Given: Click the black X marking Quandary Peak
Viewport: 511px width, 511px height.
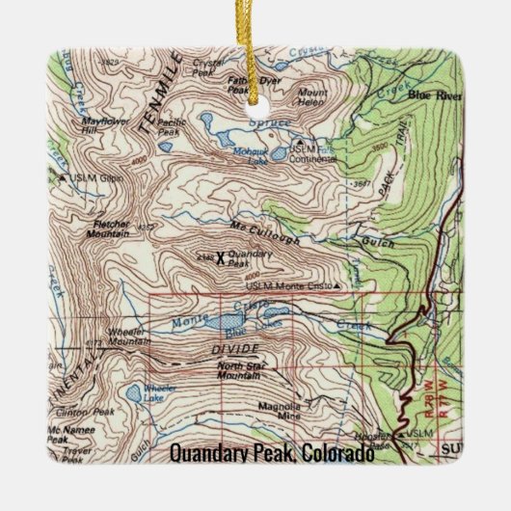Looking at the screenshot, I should coord(220,257).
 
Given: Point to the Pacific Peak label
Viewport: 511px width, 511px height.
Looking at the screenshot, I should coord(173,125).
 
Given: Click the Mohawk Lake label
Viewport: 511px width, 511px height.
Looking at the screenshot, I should coord(249,157).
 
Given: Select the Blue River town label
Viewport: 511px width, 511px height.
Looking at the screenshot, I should coord(431,95).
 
